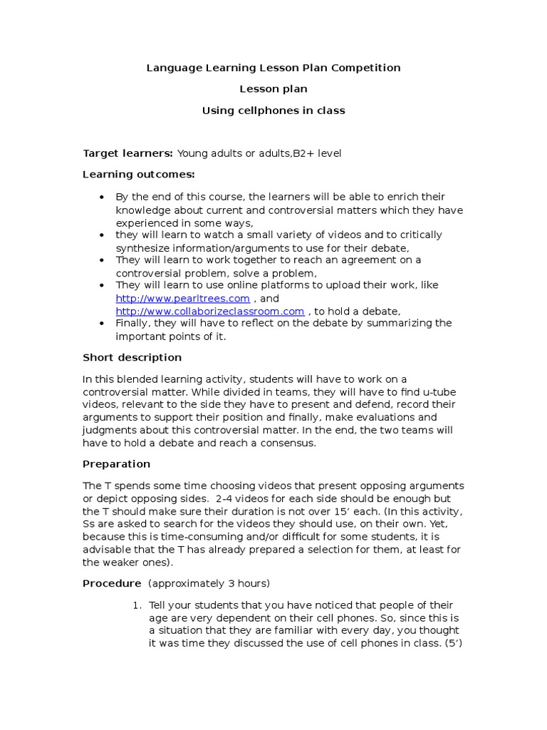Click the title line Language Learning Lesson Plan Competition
273,68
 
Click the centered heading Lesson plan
273,89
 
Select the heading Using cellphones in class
273,110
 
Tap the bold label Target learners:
128,153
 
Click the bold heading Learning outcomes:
138,175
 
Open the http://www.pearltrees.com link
183,298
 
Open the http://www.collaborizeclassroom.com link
210,311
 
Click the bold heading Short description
132,357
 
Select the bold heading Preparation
117,464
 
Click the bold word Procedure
113,584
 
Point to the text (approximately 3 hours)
209,584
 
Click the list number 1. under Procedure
137,605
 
